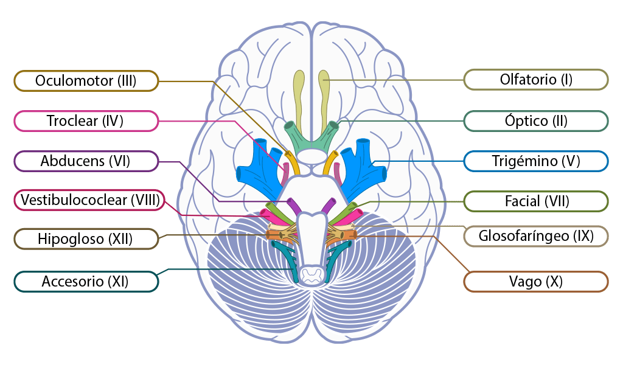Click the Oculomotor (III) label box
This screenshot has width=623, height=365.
tap(86, 80)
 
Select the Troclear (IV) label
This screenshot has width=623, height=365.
tap(86, 121)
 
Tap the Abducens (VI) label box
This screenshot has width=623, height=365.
tap(86, 161)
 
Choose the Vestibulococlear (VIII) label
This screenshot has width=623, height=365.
tap(89, 200)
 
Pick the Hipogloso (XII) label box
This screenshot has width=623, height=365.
tap(86, 238)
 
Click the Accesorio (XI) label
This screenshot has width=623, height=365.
tap(86, 282)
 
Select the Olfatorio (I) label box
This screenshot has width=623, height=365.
tap(535, 79)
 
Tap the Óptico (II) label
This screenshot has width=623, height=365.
tap(535, 120)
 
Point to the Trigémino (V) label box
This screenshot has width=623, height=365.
tap(535, 161)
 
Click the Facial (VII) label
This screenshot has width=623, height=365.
tap(535, 201)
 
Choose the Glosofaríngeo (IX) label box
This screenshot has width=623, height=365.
tap(535, 236)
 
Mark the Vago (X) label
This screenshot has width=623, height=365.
tap(535, 282)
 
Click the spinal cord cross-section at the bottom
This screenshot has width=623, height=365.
tap(311, 276)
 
